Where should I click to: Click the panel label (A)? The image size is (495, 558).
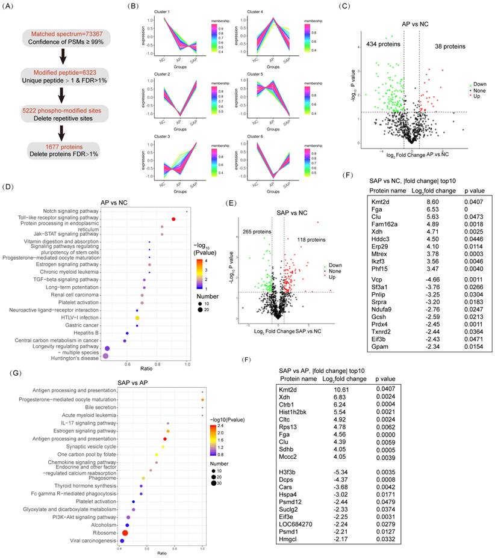[x=13, y=7]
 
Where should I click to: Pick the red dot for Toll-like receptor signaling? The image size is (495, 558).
[x=173, y=219]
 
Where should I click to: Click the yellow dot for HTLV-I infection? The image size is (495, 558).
[x=137, y=317]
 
